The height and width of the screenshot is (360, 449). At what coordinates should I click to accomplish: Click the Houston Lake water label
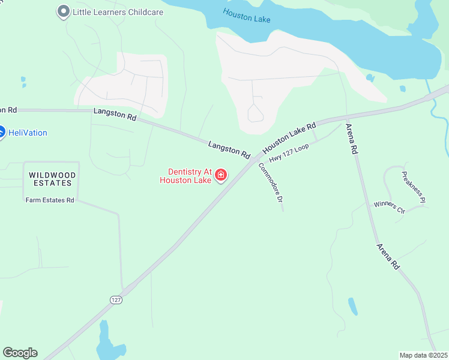click(x=246, y=16)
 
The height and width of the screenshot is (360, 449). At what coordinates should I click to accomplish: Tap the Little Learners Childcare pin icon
click(x=62, y=11)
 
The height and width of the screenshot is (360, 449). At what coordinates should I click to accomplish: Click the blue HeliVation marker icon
click(x=2, y=133)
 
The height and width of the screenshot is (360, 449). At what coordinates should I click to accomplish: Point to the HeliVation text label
click(x=28, y=133)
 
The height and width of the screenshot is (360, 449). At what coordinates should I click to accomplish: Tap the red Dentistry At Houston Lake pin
click(x=221, y=176)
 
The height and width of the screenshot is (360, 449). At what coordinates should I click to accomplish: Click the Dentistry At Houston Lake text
click(x=185, y=176)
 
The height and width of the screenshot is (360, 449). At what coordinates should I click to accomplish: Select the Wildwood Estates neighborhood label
click(x=53, y=179)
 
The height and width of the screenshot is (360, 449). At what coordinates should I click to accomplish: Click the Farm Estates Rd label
click(x=49, y=200)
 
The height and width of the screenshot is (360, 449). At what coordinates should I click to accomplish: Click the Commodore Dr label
click(x=271, y=186)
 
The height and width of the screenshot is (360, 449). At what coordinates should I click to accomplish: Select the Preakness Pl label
click(x=414, y=186)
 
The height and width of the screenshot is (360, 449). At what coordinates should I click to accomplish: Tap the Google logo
click(x=20, y=353)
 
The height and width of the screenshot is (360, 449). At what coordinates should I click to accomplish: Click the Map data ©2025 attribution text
click(x=424, y=355)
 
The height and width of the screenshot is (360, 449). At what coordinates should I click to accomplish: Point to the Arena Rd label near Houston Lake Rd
click(x=351, y=139)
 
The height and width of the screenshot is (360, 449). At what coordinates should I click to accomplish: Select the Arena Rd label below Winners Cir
click(x=388, y=256)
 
